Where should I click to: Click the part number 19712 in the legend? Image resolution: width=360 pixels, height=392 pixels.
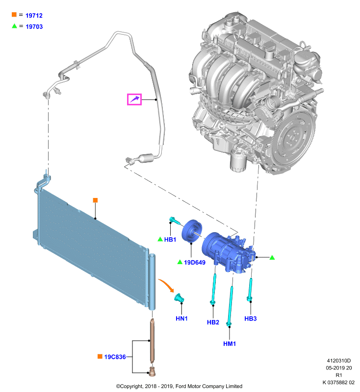[34, 16]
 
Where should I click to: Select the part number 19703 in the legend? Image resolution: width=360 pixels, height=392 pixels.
[34, 26]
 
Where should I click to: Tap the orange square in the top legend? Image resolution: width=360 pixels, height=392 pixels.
[14, 15]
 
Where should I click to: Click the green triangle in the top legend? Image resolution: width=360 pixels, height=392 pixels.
[15, 26]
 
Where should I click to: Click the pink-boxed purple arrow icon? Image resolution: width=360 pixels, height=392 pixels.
[134, 99]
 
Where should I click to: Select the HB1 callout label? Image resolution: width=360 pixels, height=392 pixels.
[170, 240]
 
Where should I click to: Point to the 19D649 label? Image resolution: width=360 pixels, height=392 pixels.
[195, 263]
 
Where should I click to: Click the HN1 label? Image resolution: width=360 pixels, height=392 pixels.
[181, 318]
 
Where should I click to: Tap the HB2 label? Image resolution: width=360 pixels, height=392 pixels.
[213, 322]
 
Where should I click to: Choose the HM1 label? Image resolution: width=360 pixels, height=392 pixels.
[230, 344]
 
